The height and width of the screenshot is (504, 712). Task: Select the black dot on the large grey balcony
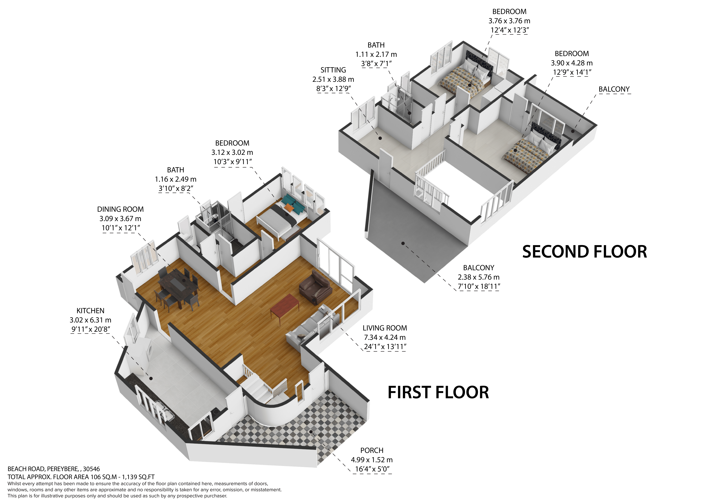point(403,243)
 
